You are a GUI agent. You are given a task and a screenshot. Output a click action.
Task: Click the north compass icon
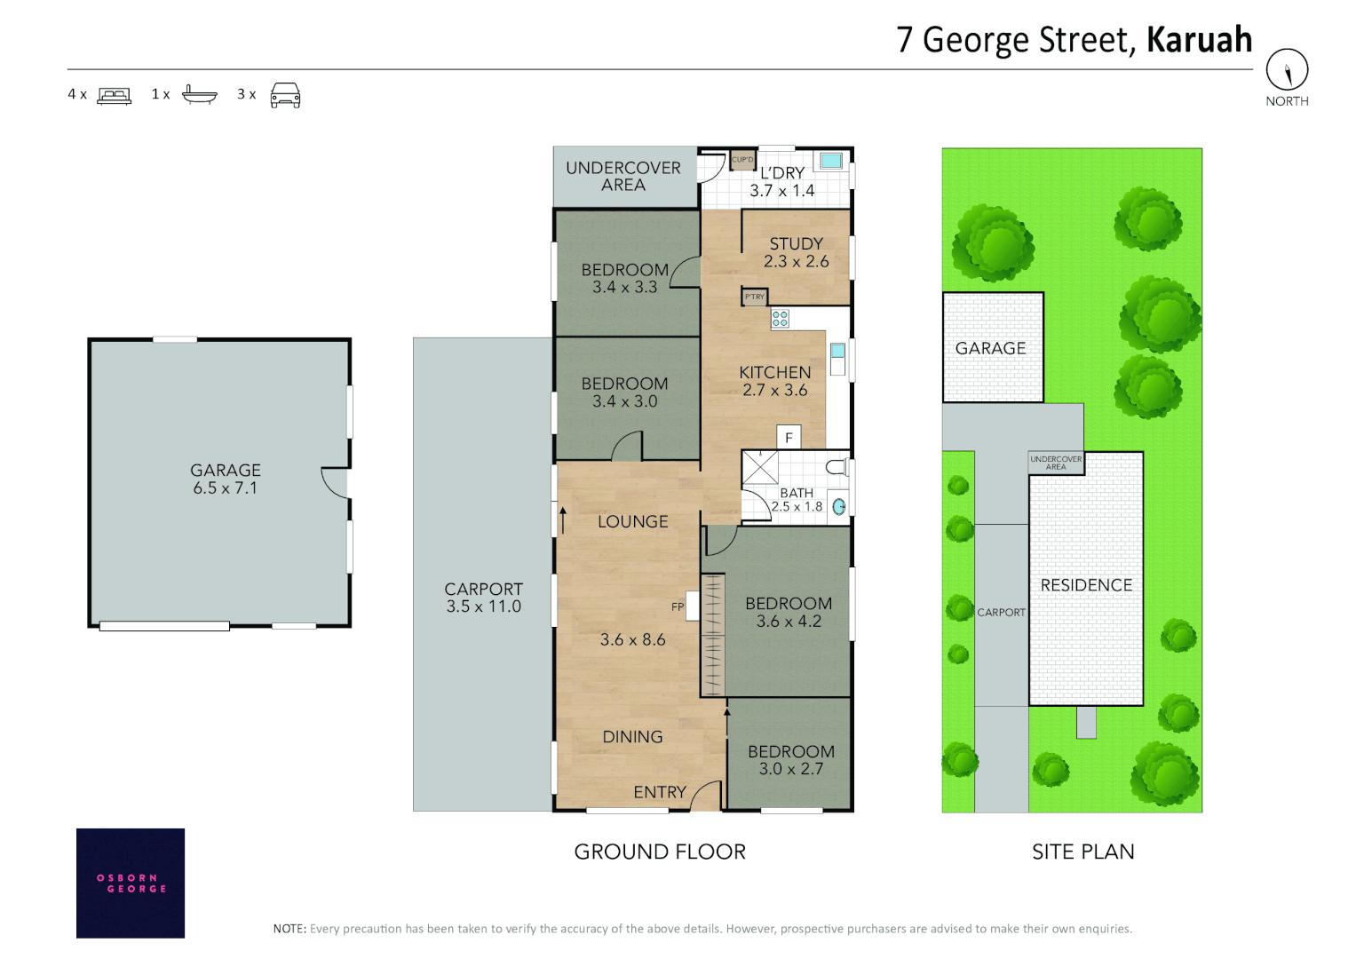coord(1286,69)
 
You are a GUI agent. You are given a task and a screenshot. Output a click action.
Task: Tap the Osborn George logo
coord(131,883)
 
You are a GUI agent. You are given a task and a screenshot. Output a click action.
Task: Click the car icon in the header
coord(285,95)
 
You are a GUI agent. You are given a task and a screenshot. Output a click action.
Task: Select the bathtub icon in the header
coord(199,94)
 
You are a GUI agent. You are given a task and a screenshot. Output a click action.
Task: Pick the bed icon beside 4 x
coord(114,95)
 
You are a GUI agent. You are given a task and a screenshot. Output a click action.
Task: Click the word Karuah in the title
coord(1199,40)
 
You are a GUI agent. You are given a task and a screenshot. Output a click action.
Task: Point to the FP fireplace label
coord(678,606)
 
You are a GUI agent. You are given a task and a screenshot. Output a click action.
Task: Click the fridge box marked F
coord(789,437)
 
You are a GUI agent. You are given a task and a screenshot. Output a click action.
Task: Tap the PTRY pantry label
coord(754,297)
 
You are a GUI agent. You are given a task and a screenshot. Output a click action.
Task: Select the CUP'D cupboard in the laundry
coord(742,160)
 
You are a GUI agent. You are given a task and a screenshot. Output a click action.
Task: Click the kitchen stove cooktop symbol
coord(780,318)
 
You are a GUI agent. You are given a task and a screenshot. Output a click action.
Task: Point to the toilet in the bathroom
coord(836,467)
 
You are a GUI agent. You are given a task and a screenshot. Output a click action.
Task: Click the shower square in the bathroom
coord(759,467)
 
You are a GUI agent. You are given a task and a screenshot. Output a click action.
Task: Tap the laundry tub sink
coord(831,161)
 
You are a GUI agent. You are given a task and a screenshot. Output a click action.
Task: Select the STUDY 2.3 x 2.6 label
coord(796,252)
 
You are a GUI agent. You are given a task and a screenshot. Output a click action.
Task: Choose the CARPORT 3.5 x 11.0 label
coord(483,598)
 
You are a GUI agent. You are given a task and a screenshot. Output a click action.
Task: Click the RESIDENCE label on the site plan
coord(1086,585)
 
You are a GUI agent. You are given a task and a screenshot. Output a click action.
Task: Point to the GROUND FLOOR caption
coord(660,852)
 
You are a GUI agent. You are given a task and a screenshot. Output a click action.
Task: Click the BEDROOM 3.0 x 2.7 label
coord(790,760)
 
